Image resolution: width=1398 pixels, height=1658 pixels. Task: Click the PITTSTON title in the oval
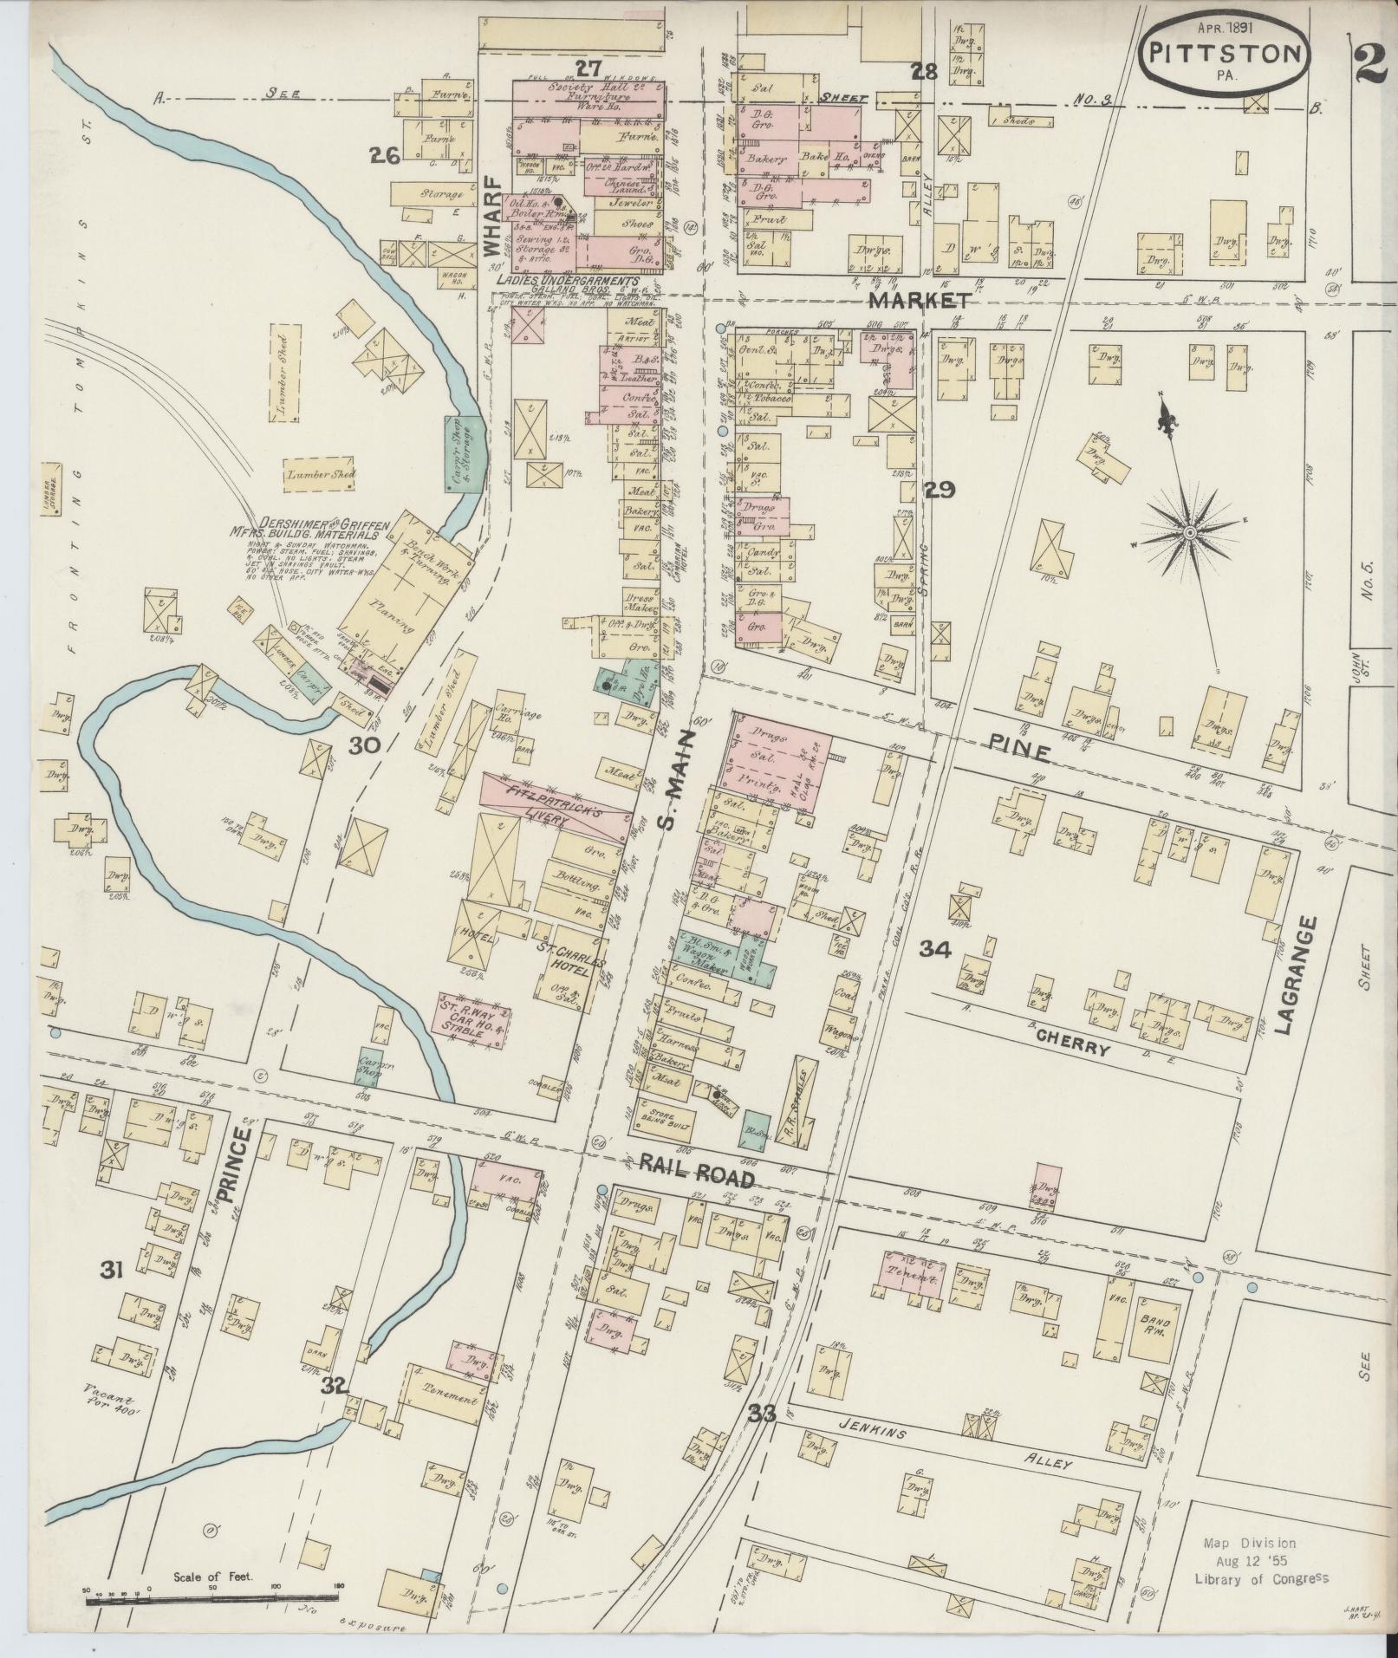pos(1226,54)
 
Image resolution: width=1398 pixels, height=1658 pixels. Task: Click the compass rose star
pos(1190,530)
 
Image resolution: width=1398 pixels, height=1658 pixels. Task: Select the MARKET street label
pos(919,301)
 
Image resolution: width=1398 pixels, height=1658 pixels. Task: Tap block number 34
pos(935,950)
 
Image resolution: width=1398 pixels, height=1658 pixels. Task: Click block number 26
pos(383,156)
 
